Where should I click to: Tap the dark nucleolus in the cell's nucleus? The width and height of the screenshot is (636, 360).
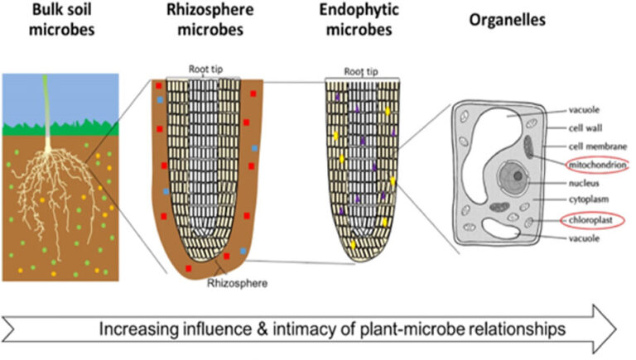click(516, 176)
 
